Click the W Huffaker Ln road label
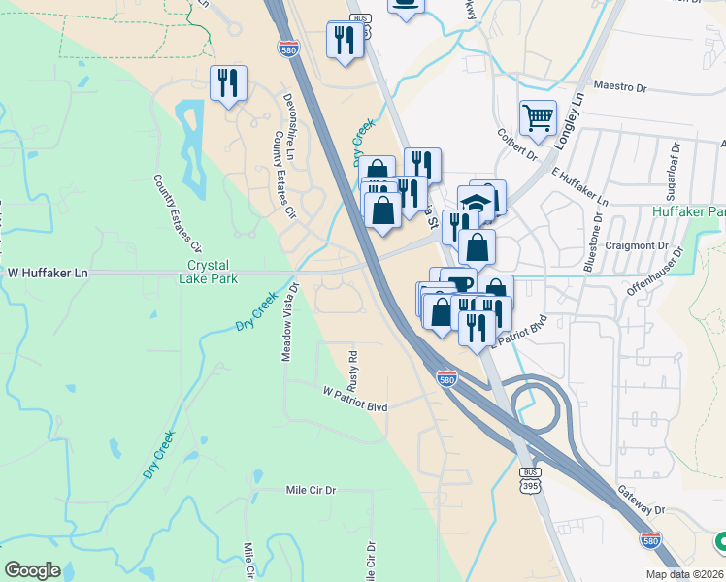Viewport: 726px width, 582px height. (49, 274)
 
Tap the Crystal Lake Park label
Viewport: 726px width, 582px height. (210, 273)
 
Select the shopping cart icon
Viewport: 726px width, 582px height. (538, 118)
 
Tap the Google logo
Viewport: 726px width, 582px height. (32, 570)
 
